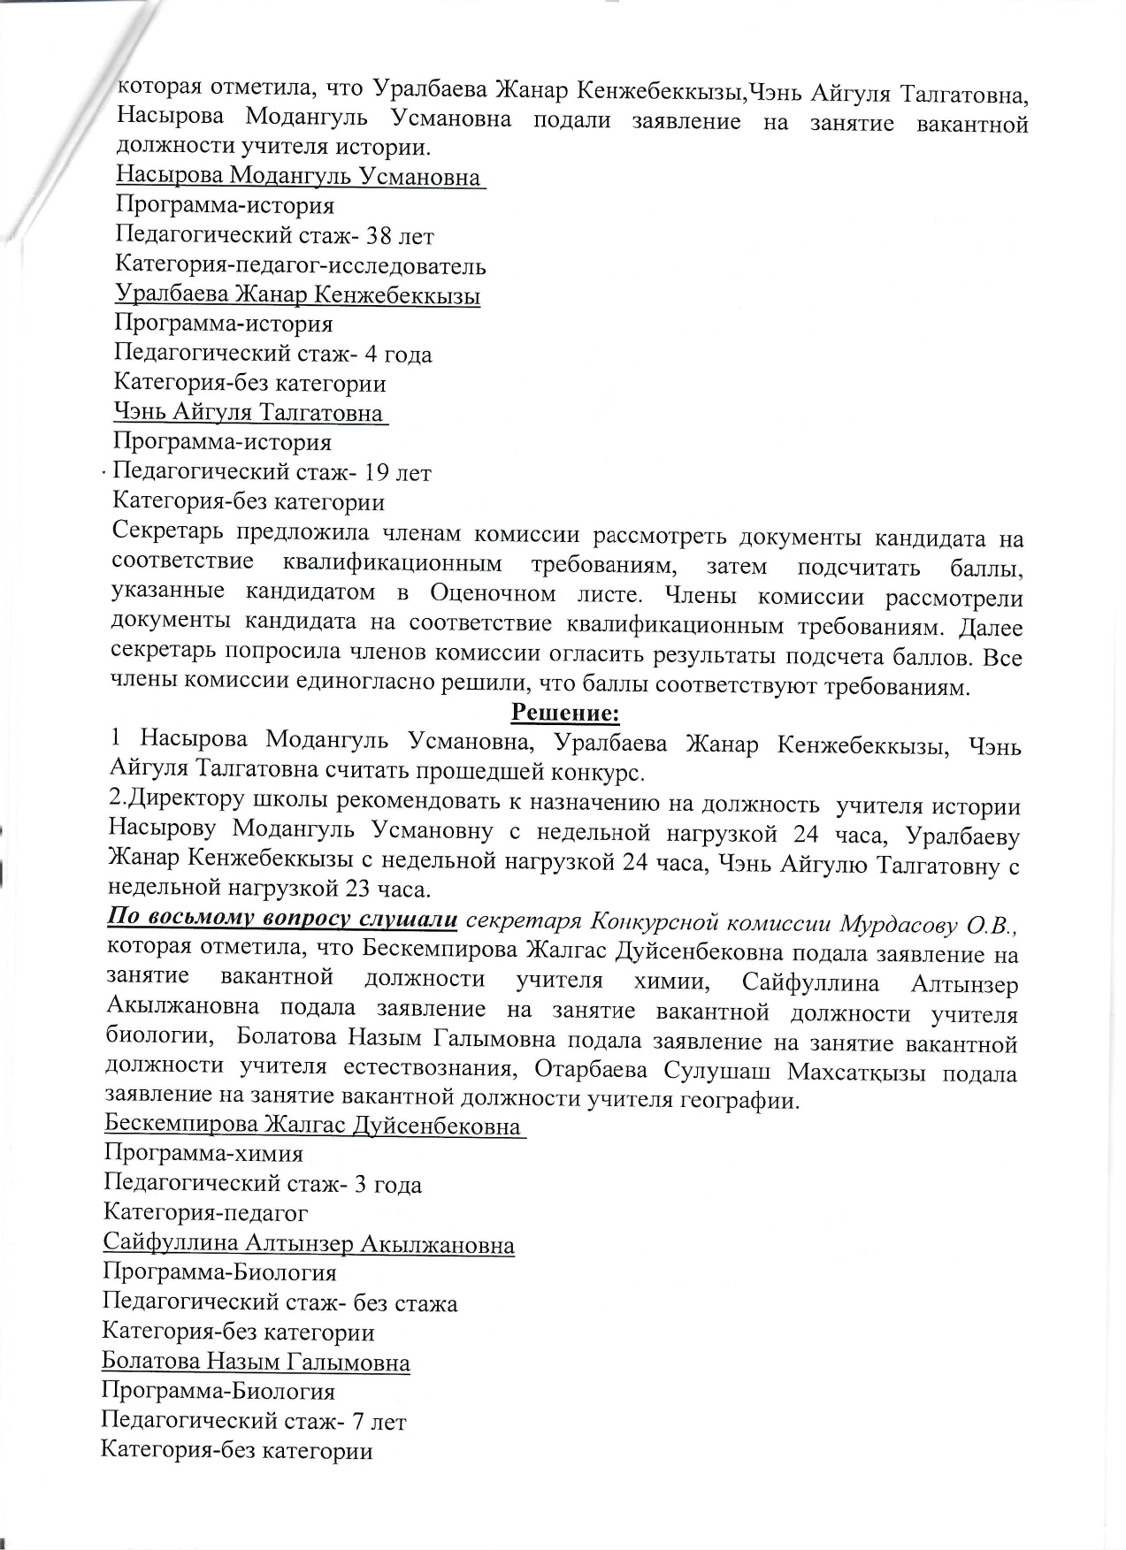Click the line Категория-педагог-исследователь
point(301,265)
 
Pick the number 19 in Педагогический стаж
point(383,473)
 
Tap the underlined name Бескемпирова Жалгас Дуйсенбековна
point(312,1126)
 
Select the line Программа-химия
point(203,1154)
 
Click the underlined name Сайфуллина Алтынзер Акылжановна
point(309,1244)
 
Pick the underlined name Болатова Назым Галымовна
point(256,1362)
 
